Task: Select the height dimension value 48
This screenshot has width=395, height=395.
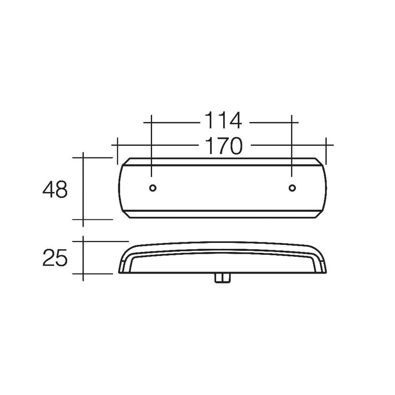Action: [x=54, y=190]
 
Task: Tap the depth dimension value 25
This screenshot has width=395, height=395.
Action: [x=54, y=258]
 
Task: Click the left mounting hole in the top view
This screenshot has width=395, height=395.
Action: [x=152, y=188]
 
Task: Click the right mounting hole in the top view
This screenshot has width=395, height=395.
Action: [x=292, y=188]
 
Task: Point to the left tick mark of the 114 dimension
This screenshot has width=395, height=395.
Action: [x=152, y=120]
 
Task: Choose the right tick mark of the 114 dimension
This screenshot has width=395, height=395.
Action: [x=292, y=120]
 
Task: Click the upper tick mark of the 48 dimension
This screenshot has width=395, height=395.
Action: [x=83, y=158]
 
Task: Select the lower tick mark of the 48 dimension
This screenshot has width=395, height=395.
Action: [x=83, y=219]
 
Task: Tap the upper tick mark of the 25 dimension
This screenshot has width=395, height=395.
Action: [x=83, y=241]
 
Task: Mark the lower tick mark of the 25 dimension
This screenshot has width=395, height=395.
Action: [x=83, y=273]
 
